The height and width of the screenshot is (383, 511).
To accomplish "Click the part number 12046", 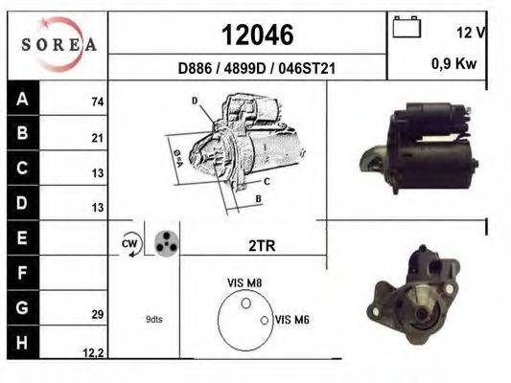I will [257, 35].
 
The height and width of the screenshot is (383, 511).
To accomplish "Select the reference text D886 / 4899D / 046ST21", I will [256, 69].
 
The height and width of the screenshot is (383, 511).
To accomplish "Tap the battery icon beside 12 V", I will [407, 28].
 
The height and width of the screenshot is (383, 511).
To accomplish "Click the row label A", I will [22, 99].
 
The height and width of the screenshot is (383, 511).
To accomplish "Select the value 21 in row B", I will [97, 138].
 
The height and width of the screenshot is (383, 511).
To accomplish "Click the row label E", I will [22, 237].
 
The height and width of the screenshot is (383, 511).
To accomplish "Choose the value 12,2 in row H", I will [93, 353].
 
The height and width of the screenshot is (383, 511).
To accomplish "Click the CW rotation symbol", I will [130, 244].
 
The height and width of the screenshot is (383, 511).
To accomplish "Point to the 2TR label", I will [262, 246].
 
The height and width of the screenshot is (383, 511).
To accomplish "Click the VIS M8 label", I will [244, 282].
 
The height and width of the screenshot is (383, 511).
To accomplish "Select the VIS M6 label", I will [290, 319].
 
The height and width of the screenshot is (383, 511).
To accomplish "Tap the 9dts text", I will [154, 319].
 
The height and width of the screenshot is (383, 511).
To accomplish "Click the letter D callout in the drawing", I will [194, 101].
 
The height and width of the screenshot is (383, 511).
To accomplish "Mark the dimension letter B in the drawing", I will [259, 199].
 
